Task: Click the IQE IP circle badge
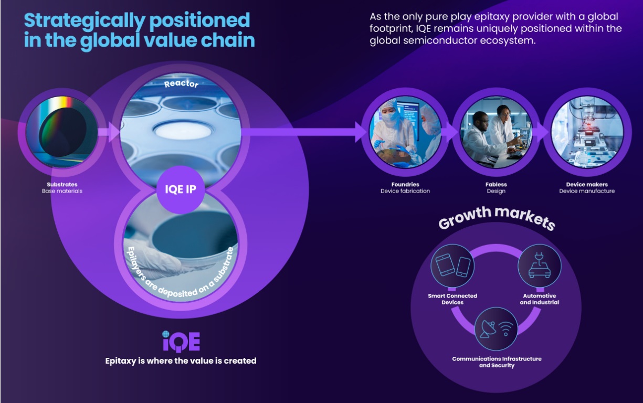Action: [x=181, y=189]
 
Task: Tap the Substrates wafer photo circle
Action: [x=62, y=131]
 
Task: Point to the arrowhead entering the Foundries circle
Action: [x=362, y=132]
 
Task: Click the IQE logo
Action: [x=181, y=341]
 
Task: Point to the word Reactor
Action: [x=181, y=84]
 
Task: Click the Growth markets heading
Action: [x=496, y=217]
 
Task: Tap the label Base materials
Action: [x=62, y=191]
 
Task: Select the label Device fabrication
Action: [x=405, y=191]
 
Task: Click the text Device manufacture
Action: [x=586, y=191]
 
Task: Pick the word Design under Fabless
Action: [x=496, y=191]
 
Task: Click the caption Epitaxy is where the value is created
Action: [x=181, y=360]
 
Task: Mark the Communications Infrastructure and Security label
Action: [x=496, y=362]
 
